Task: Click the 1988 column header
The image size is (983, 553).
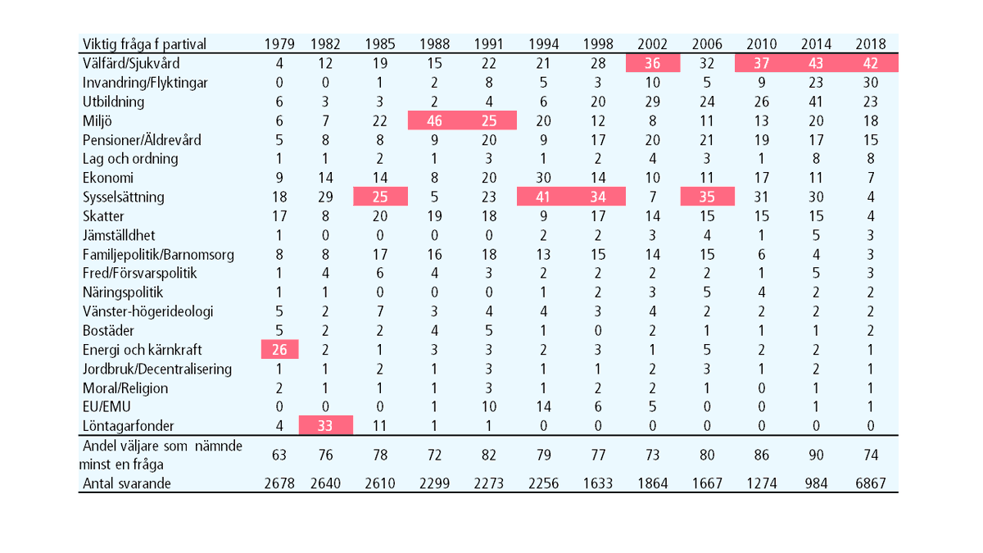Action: [x=434, y=44]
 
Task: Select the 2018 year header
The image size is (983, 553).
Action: [x=871, y=44]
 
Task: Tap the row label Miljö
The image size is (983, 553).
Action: [x=97, y=120]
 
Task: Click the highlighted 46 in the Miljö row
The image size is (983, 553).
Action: [x=434, y=120]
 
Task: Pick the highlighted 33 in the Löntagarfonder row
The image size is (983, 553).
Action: [x=325, y=426]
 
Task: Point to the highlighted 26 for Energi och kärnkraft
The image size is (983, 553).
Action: [x=279, y=350]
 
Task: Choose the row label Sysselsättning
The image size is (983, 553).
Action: [x=124, y=197]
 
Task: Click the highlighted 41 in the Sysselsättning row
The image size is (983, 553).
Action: [x=543, y=197]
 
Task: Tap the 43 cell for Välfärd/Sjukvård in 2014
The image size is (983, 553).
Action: [x=816, y=64]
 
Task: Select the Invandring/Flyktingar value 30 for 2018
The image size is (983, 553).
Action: [x=871, y=83]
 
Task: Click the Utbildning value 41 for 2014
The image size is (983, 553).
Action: [x=816, y=102]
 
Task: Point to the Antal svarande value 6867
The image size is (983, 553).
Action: [x=871, y=483]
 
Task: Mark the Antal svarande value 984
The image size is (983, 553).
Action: [x=816, y=483]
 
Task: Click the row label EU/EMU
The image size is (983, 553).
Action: [x=106, y=407]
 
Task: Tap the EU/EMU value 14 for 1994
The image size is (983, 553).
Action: [x=543, y=407]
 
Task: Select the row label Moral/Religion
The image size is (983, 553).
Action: [x=125, y=388]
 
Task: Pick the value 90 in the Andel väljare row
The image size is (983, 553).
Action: [x=816, y=456]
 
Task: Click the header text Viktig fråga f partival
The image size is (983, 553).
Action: [x=144, y=44]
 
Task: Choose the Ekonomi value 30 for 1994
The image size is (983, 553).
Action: [x=543, y=178]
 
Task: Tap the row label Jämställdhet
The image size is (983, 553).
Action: [x=119, y=236]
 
